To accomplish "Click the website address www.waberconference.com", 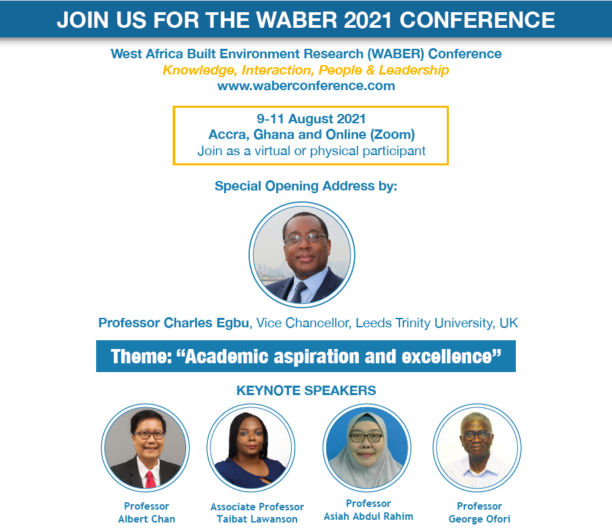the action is [x=306, y=85].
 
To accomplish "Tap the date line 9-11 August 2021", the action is [x=311, y=119].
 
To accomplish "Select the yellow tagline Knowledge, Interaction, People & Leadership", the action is [x=305, y=70].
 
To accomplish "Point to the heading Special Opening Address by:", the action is [x=306, y=186].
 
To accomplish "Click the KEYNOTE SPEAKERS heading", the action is [x=306, y=390].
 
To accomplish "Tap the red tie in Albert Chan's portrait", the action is [x=150, y=479].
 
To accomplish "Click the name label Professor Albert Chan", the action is [x=146, y=512].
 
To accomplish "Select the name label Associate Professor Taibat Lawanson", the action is [x=257, y=513].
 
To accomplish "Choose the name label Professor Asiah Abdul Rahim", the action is [x=368, y=510].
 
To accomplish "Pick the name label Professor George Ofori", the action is [x=479, y=512].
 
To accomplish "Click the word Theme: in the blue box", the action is [x=141, y=356].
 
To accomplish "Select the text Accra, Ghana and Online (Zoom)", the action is [x=311, y=134].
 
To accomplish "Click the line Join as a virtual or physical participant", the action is [x=311, y=150].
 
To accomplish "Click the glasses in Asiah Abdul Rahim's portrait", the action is [x=366, y=438].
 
